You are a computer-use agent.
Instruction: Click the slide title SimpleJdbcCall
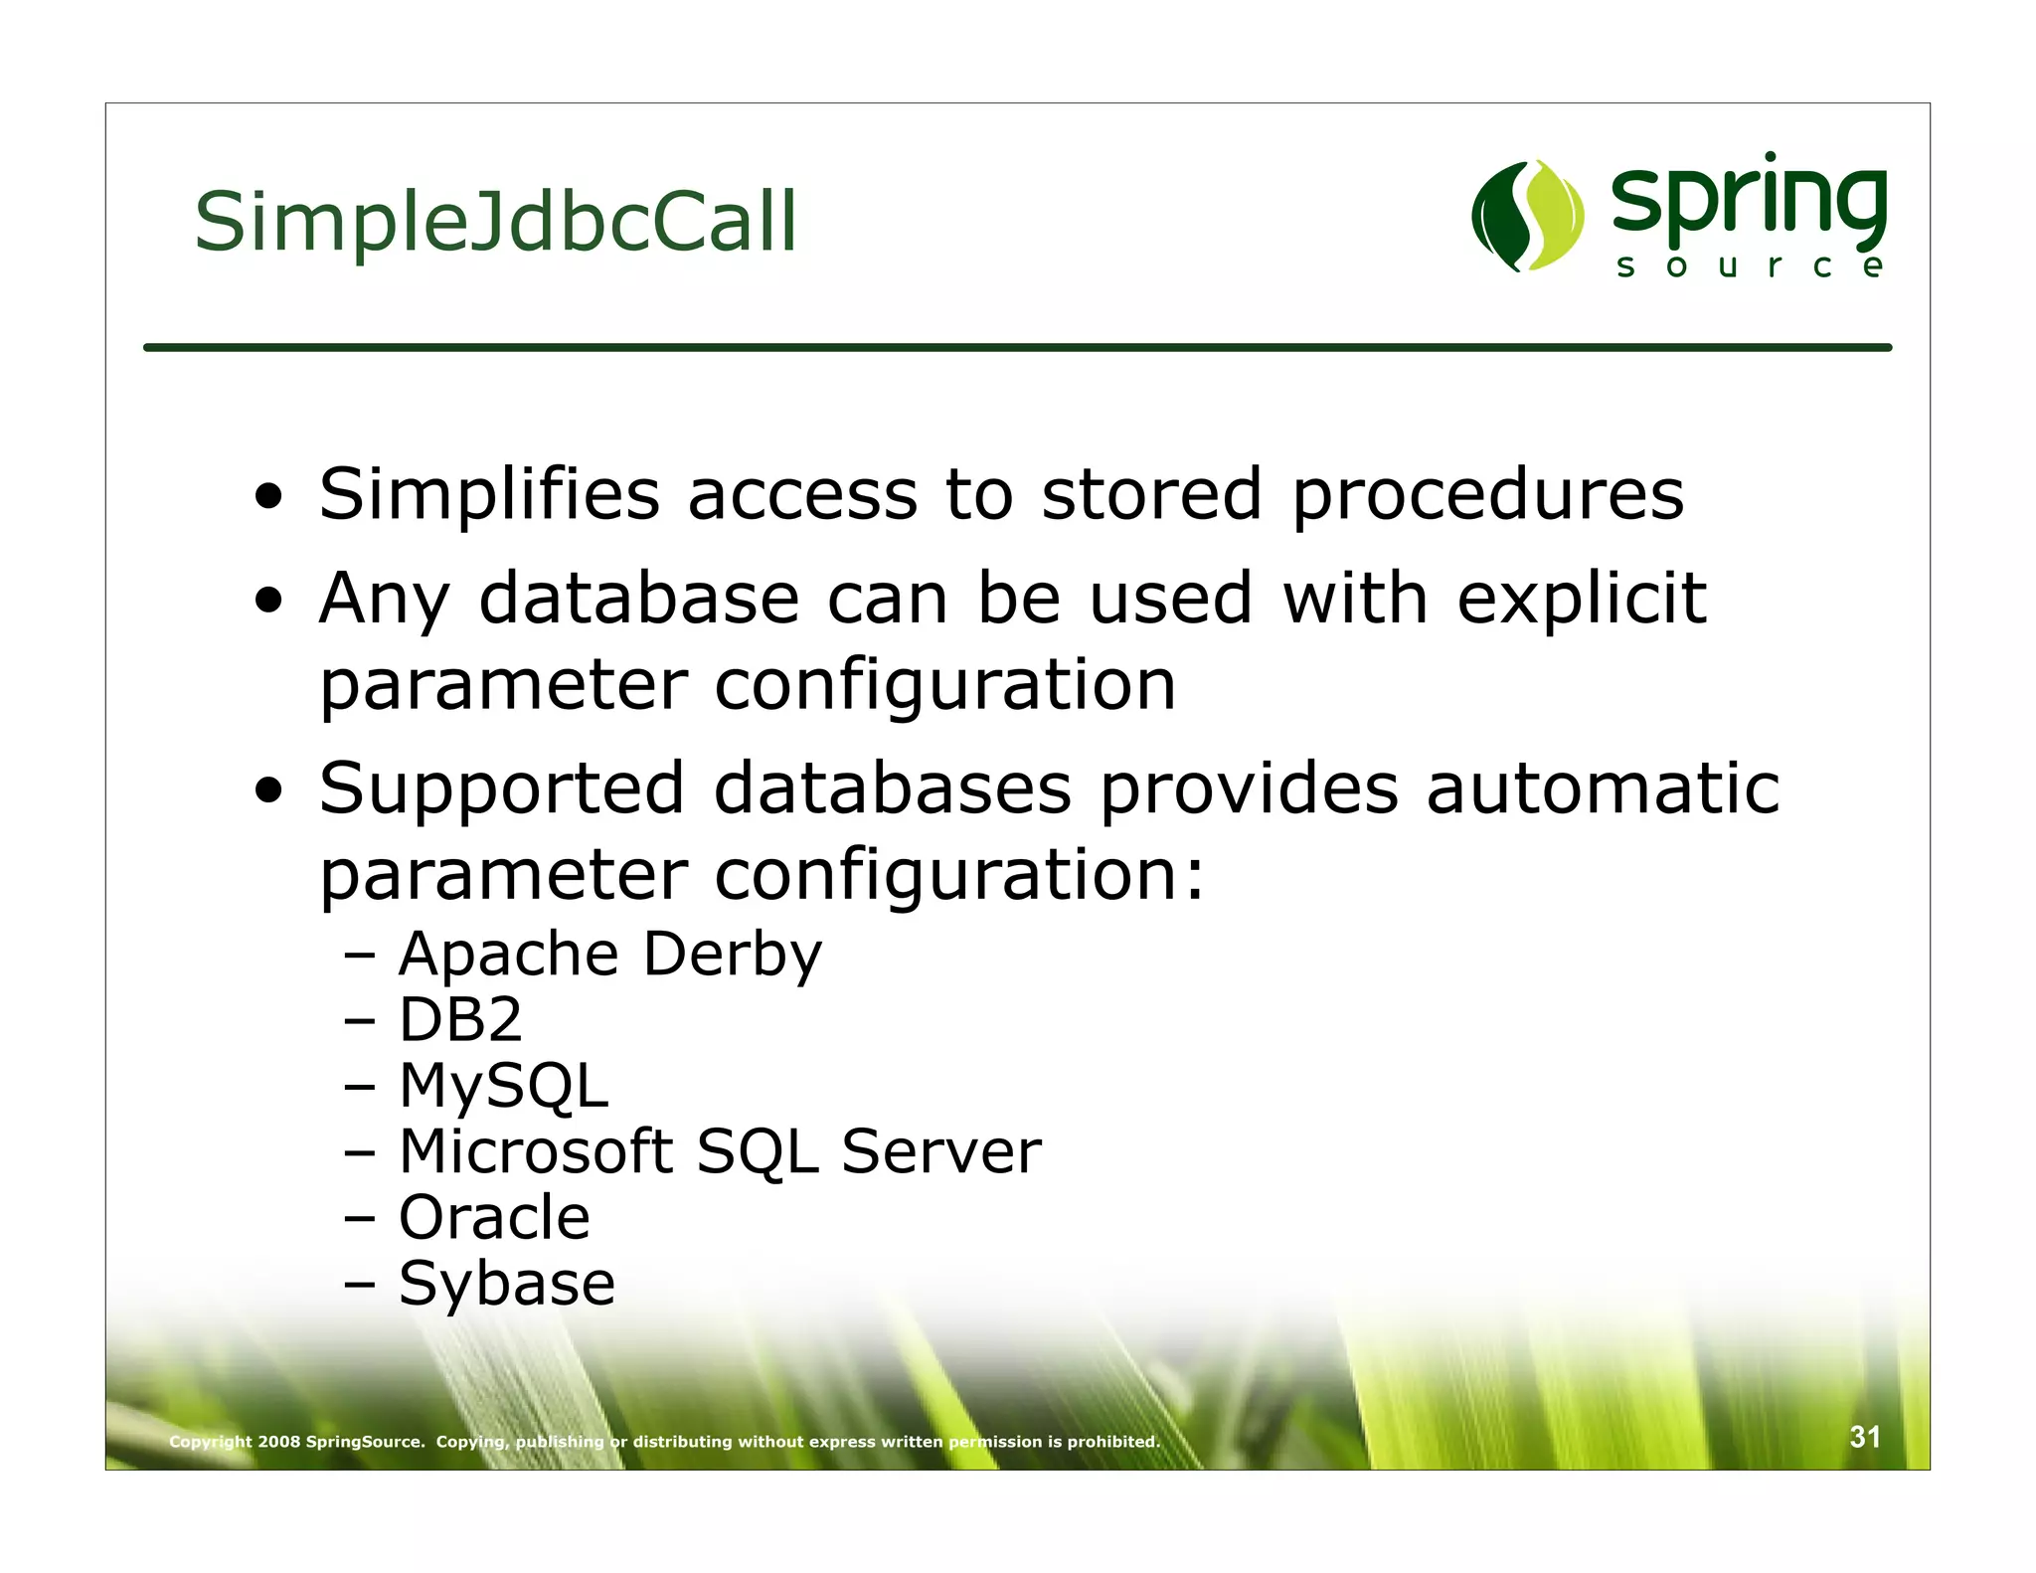click(495, 222)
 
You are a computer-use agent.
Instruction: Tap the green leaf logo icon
click(1527, 216)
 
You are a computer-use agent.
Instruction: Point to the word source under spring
click(1748, 266)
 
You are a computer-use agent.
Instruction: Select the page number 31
click(1864, 1437)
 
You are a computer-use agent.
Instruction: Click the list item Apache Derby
click(609, 955)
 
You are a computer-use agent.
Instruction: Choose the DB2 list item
click(459, 1020)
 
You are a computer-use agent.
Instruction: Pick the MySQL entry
click(503, 1086)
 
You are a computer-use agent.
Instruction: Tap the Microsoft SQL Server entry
click(719, 1151)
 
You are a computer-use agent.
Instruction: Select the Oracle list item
click(494, 1217)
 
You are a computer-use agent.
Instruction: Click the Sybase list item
click(506, 1284)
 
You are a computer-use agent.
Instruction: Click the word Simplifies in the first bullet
click(489, 494)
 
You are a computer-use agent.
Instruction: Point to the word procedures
click(1487, 494)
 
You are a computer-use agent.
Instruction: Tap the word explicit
click(1581, 600)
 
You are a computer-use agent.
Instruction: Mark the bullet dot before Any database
click(269, 600)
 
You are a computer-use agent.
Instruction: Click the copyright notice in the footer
click(664, 1442)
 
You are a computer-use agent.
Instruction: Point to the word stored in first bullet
click(1151, 494)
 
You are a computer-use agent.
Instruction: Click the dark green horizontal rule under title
click(1017, 347)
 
